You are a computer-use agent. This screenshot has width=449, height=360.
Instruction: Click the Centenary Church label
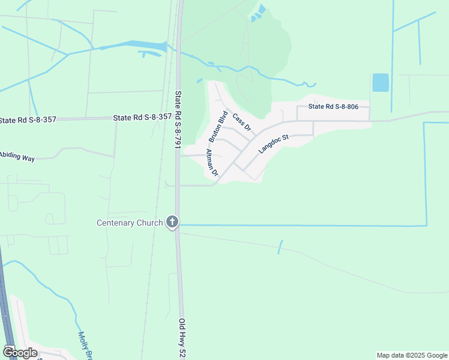(x=130, y=223)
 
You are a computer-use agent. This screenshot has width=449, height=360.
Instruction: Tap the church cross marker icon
(x=172, y=223)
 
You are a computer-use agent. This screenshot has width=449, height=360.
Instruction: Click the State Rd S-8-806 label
(x=333, y=107)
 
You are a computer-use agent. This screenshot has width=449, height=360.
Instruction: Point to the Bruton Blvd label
(x=217, y=127)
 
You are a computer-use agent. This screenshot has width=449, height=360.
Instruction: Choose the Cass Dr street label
(x=241, y=123)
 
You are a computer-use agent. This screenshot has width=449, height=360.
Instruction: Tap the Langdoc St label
(x=274, y=145)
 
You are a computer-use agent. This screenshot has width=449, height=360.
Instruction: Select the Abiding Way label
(x=17, y=157)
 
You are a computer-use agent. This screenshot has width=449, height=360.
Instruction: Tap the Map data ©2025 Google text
(x=412, y=355)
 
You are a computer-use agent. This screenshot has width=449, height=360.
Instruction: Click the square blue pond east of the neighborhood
(x=380, y=82)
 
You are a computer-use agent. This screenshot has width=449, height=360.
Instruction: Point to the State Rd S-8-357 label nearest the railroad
(x=142, y=118)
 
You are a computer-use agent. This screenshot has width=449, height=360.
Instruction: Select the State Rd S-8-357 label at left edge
(x=28, y=120)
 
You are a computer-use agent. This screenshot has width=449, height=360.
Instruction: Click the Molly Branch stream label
(x=85, y=346)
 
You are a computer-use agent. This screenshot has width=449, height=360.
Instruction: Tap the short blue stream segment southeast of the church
(x=280, y=247)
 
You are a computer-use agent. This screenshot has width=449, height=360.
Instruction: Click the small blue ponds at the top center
(x=259, y=13)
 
